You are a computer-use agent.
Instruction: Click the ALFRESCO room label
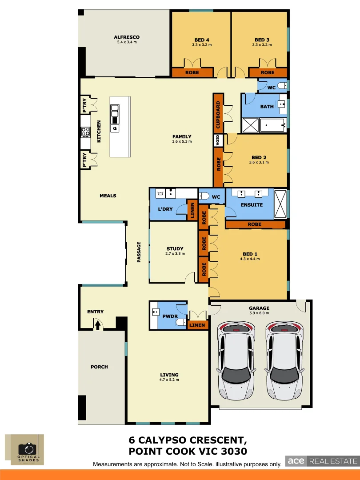point(127,37)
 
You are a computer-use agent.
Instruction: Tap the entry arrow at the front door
point(97,325)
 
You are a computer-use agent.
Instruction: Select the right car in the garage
point(284,360)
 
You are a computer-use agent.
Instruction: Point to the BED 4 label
point(202,40)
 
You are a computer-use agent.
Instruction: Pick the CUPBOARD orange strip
point(218,115)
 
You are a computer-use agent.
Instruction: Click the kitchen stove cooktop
point(85,132)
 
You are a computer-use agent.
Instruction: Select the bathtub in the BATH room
point(273,126)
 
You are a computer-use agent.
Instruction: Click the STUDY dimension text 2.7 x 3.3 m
point(175,254)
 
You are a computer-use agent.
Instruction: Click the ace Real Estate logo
point(321,461)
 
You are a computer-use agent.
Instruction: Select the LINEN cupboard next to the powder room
point(197,325)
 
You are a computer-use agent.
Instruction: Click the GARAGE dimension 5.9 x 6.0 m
point(259,313)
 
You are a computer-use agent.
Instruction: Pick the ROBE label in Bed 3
point(267,72)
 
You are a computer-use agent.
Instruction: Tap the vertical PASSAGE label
point(139,252)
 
